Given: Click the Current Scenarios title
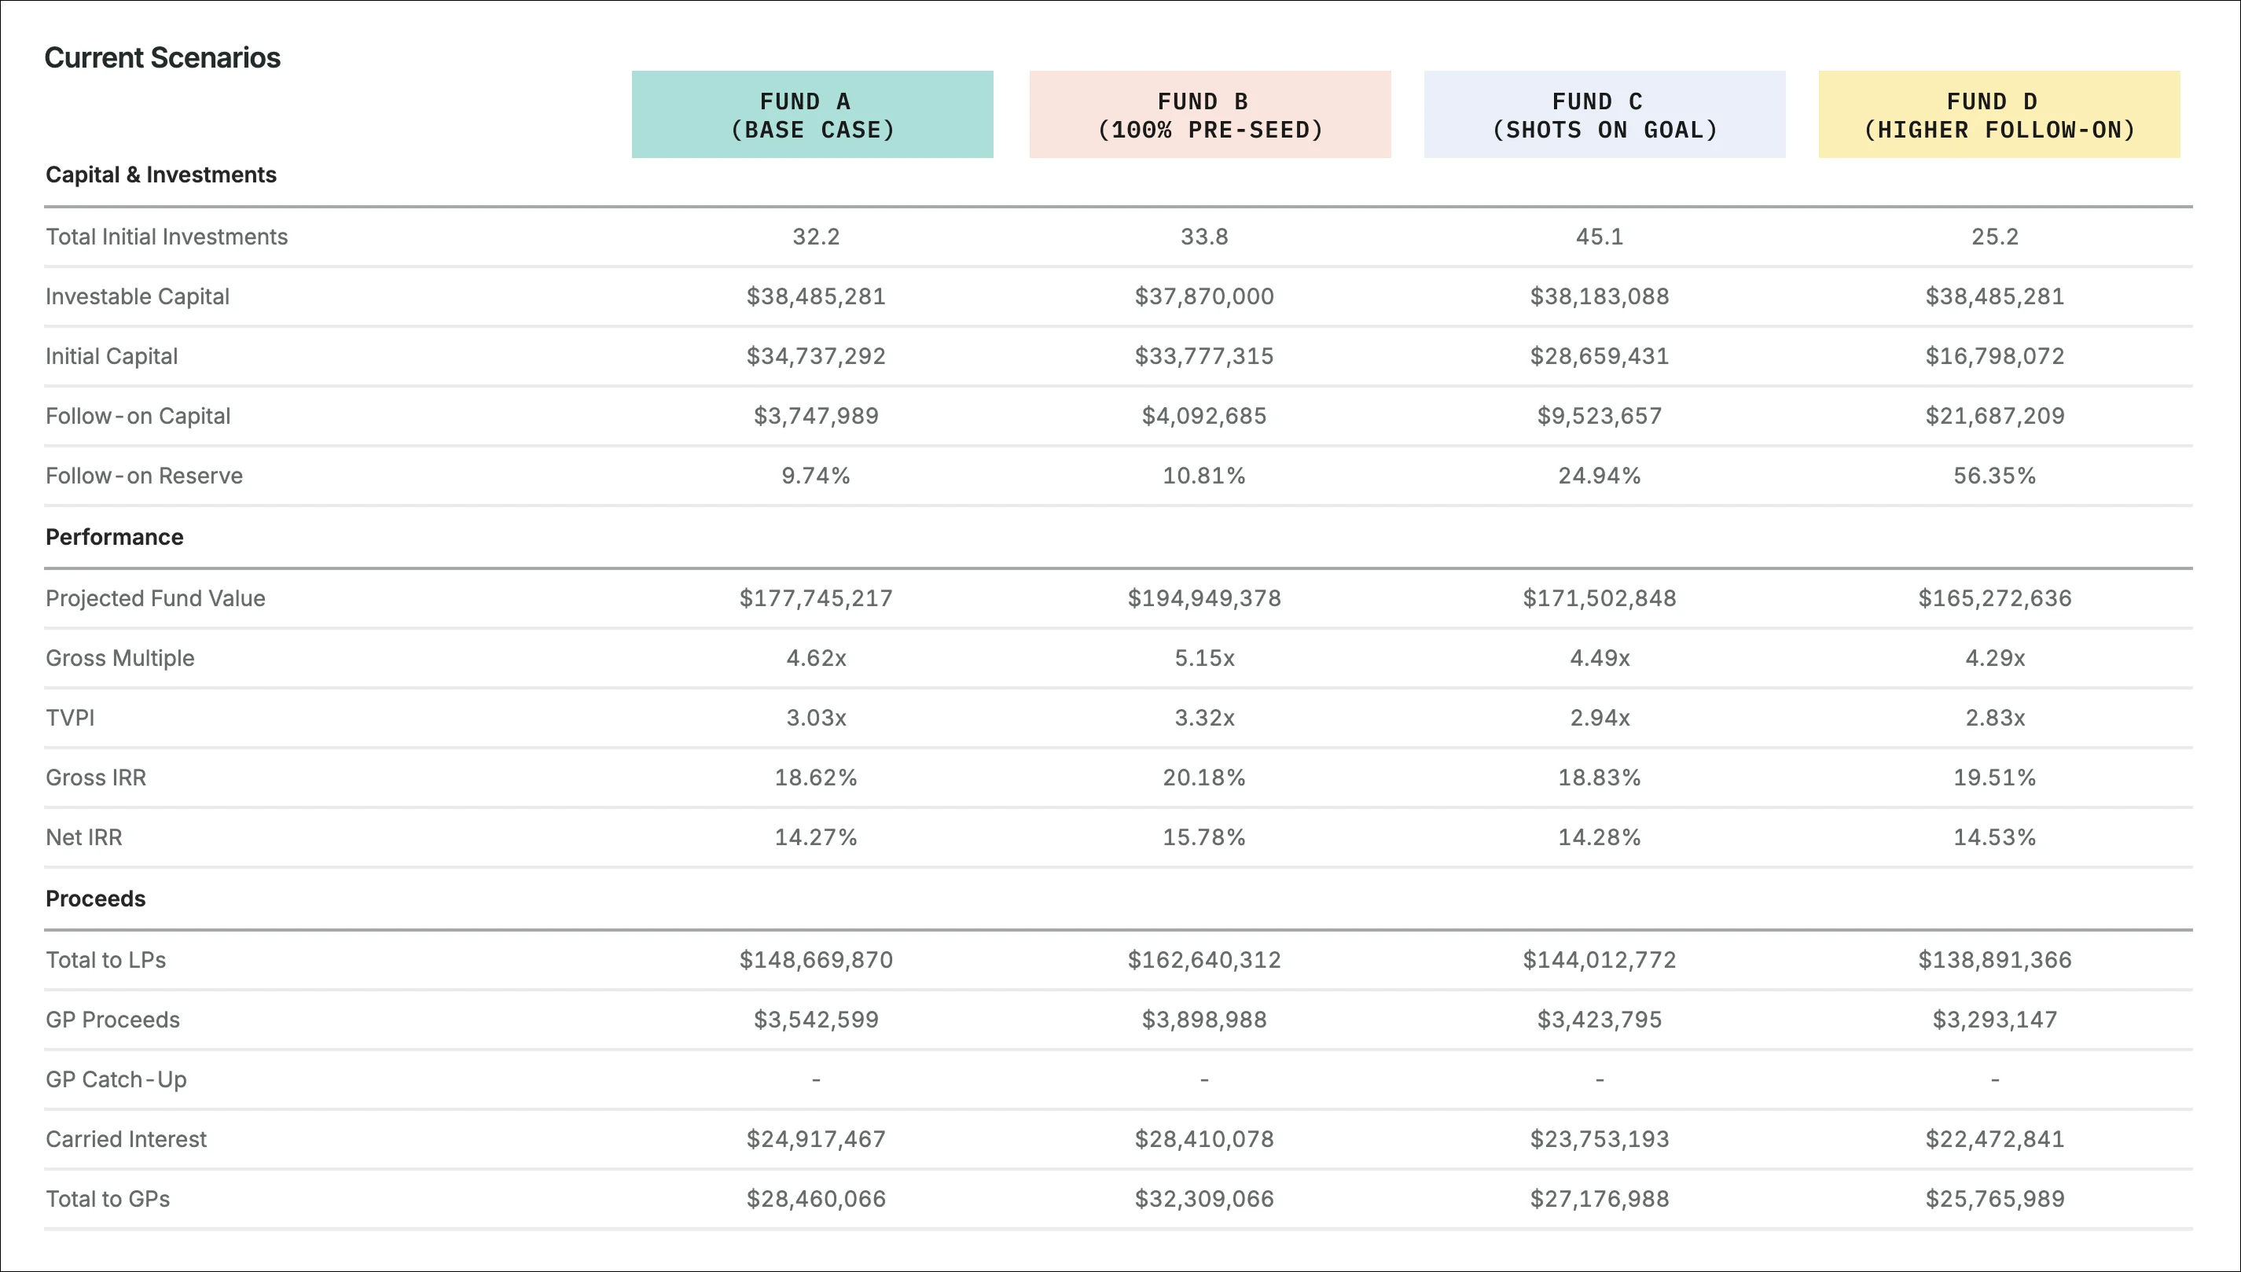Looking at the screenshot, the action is pyautogui.click(x=163, y=57).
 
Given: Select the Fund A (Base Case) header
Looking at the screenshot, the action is pyautogui.click(x=812, y=115).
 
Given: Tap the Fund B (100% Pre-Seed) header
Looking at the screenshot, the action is pyautogui.click(x=1210, y=115).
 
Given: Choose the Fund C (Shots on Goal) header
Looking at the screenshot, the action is pyautogui.click(x=1604, y=115).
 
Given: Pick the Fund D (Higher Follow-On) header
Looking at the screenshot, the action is pyautogui.click(x=1999, y=115).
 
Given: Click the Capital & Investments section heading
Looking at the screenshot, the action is pyautogui.click(x=160, y=175).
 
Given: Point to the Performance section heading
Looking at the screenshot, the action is pyautogui.click(x=115, y=536).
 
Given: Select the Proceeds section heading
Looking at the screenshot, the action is pyautogui.click(x=95, y=898).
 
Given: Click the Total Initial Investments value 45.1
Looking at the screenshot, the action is pyautogui.click(x=1599, y=237).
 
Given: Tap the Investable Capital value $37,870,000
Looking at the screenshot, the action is pyautogui.click(x=1203, y=296).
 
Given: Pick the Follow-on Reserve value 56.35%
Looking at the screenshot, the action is pyautogui.click(x=1995, y=476).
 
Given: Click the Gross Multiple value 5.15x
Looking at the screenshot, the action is pyautogui.click(x=1204, y=658).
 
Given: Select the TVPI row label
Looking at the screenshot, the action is pyautogui.click(x=70, y=717).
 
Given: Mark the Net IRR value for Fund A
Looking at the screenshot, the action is pyautogui.click(x=816, y=837).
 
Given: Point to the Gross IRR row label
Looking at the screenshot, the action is pyautogui.click(x=96, y=778).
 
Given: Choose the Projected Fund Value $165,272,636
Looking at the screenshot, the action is pyautogui.click(x=1995, y=598).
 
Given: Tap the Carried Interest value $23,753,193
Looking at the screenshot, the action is pyautogui.click(x=1599, y=1139).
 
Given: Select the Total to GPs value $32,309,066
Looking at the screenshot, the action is pyautogui.click(x=1203, y=1199).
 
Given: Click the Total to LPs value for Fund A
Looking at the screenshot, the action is pyautogui.click(x=816, y=960).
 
